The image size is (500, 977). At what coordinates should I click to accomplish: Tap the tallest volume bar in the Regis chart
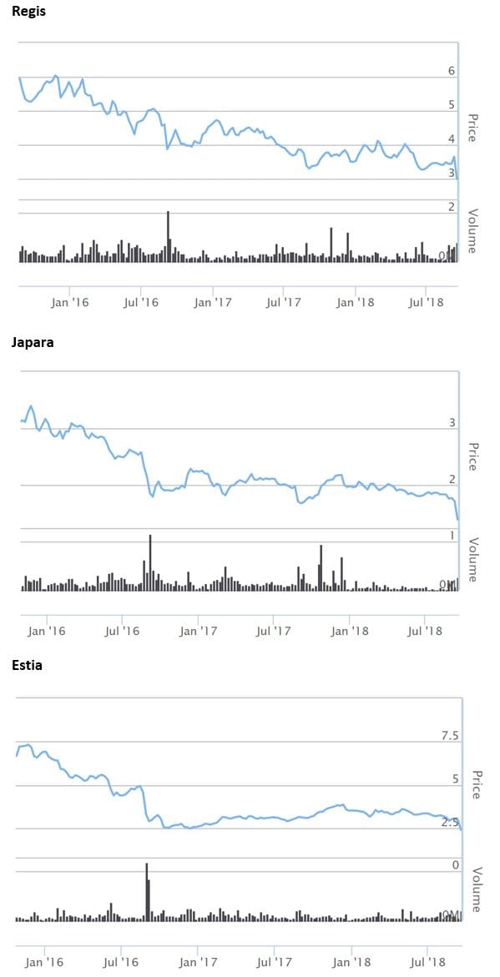168,236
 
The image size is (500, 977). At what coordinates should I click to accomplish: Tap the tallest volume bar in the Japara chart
150,562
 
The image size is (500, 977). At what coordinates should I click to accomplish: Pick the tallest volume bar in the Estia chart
146,891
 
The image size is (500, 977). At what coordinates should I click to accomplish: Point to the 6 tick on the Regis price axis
452,72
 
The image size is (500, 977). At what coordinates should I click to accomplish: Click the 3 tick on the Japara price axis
452,424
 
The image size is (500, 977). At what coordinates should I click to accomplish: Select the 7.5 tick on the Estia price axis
450,735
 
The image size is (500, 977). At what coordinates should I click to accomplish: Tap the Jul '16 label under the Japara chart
122,630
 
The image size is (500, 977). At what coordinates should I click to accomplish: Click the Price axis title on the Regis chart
472,128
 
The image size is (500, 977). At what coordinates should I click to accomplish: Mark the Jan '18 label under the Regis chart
357,302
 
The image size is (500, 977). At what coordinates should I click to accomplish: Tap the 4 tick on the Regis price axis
452,139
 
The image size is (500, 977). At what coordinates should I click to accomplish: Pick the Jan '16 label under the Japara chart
46,630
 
